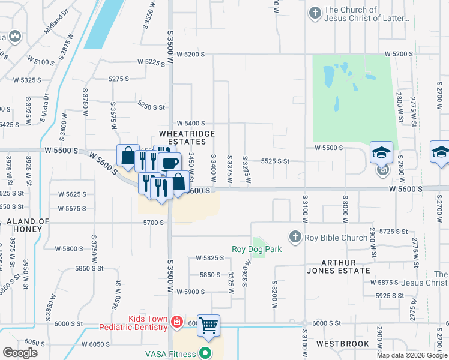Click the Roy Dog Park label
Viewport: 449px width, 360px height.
(256, 249)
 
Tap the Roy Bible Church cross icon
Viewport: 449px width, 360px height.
(295, 238)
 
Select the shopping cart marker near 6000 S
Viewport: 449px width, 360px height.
(208, 326)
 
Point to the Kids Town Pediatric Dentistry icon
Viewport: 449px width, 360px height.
(176, 323)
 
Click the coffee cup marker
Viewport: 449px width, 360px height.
(169, 163)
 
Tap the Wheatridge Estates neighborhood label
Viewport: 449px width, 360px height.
(182, 137)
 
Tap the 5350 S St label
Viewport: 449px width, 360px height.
(151, 107)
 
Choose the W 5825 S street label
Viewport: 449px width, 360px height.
(209, 258)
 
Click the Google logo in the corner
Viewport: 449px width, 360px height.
(20, 353)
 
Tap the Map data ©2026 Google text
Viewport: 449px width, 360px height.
(412, 355)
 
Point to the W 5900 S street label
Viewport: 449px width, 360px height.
(191, 292)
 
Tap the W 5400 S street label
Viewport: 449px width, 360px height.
(190, 123)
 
